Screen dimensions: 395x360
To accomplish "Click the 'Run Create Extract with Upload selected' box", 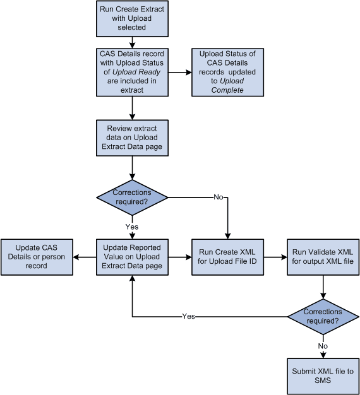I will click(131, 18).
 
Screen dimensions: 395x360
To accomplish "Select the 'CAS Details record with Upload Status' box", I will click(131, 73).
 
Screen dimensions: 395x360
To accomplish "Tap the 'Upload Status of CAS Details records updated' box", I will click(227, 73).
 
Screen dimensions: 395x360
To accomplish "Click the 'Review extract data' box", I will click(131, 138).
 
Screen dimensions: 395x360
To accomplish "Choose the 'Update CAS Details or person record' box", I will click(36, 257).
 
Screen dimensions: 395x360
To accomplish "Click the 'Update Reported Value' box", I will click(131, 257).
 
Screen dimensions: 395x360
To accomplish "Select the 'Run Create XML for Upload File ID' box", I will click(227, 257).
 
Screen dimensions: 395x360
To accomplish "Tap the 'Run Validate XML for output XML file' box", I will click(323, 257).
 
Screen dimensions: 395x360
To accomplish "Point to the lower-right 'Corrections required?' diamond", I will click(323, 316).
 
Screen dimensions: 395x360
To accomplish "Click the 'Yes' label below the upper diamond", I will click(131, 227).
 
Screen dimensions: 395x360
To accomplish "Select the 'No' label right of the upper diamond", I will click(217, 197).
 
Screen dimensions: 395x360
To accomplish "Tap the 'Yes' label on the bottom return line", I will click(188, 316).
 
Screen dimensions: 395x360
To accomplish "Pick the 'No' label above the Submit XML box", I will click(323, 345).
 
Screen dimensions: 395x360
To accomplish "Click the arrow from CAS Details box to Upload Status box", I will click(179, 73).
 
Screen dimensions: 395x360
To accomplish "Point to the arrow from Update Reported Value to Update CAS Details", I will click(84, 257).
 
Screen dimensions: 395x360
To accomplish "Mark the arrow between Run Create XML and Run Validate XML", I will click(275, 257).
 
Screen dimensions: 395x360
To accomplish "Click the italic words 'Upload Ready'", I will click(131, 73).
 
